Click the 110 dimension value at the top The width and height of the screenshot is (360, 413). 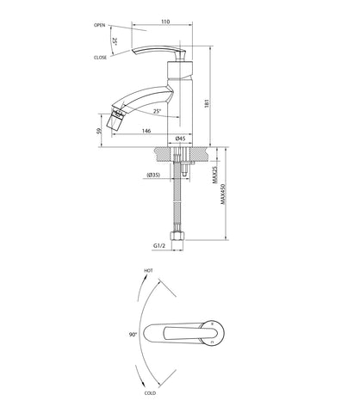pyautogui.click(x=165, y=22)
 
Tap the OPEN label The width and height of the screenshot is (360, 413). pyautogui.click(x=100, y=25)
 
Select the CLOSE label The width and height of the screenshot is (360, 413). pyautogui.click(x=100, y=58)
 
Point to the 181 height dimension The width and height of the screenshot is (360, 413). pyautogui.click(x=207, y=103)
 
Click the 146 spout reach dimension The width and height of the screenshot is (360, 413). pyautogui.click(x=146, y=131)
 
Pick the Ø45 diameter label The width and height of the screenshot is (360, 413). pyautogui.click(x=180, y=139)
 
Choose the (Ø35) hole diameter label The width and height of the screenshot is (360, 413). pyautogui.click(x=153, y=175)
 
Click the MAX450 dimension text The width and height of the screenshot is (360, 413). pyautogui.click(x=223, y=194)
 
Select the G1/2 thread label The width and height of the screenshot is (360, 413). pyautogui.click(x=159, y=246)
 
